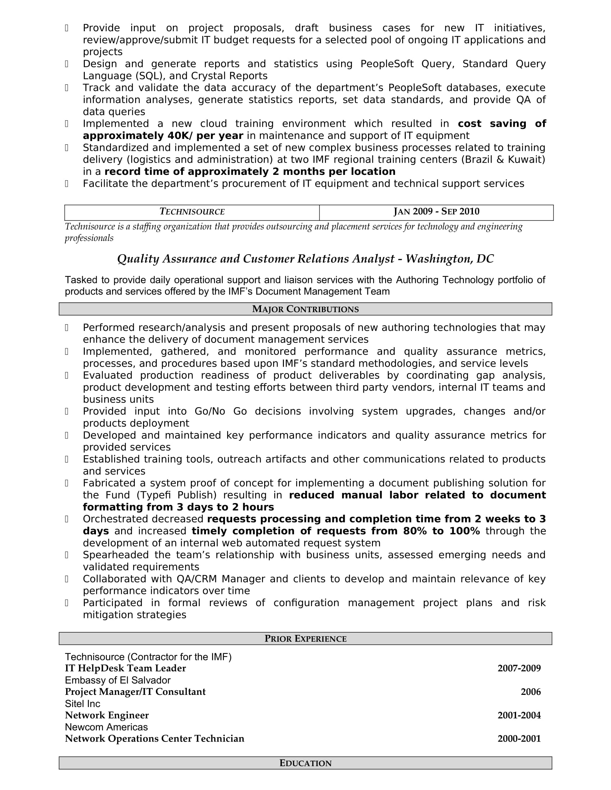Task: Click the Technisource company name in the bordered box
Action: click(x=192, y=212)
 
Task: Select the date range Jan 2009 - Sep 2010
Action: click(x=436, y=212)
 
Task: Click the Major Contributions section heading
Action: click(x=305, y=309)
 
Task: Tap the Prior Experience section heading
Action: click(x=305, y=639)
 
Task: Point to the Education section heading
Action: click(x=305, y=763)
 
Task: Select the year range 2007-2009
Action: click(x=519, y=669)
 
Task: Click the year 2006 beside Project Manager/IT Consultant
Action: click(x=530, y=692)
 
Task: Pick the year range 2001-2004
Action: click(x=519, y=715)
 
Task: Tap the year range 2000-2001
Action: click(x=519, y=739)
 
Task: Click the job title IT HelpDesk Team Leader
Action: click(x=125, y=669)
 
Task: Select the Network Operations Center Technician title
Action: click(x=155, y=739)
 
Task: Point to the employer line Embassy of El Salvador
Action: click(x=118, y=680)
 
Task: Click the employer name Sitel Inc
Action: click(x=83, y=704)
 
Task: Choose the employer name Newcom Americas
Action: click(x=106, y=727)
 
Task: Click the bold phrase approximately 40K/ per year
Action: click(x=163, y=136)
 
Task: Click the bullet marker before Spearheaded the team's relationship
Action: click(x=66, y=555)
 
